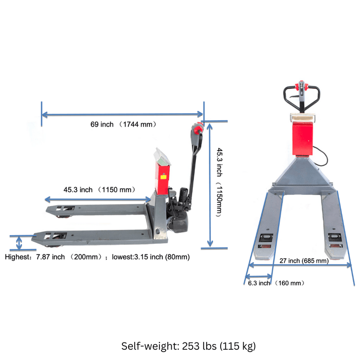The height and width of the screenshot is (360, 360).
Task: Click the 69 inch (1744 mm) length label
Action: click(x=123, y=124)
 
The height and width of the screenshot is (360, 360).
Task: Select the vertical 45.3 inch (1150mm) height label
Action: click(x=219, y=182)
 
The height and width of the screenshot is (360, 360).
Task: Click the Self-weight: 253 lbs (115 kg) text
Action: click(x=188, y=346)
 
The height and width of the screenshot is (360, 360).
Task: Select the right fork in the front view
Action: click(x=334, y=231)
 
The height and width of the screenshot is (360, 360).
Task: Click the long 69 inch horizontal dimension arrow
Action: click(x=122, y=114)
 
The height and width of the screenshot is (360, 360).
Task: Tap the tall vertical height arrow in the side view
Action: click(x=209, y=185)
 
